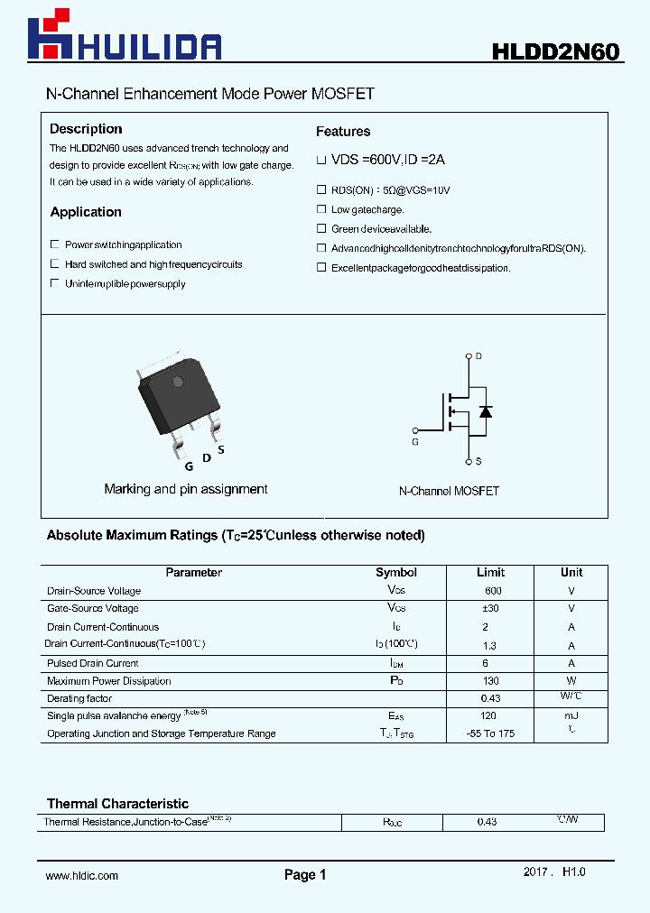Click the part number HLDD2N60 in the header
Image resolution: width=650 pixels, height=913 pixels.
[x=554, y=52]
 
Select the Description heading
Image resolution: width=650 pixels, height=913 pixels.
[x=86, y=129]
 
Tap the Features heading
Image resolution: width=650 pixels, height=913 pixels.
[x=343, y=132]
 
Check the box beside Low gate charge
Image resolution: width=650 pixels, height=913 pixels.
[x=320, y=209]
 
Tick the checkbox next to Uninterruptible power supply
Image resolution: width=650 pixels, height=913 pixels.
[x=55, y=283]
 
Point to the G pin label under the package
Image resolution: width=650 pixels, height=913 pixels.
[x=189, y=466]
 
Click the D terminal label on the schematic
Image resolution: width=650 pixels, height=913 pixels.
[x=478, y=356]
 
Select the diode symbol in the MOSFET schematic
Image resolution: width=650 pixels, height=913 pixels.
[x=486, y=411]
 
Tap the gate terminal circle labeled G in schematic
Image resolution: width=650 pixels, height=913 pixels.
[x=415, y=430]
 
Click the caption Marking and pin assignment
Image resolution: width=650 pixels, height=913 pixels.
[x=186, y=489]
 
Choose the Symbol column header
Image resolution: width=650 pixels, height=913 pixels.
[x=395, y=572]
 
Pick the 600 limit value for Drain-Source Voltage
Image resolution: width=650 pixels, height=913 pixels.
[x=493, y=591]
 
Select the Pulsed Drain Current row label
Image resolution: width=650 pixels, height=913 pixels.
[x=93, y=663]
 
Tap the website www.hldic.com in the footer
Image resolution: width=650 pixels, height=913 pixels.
[x=82, y=875]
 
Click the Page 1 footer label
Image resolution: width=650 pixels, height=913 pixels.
[x=305, y=874]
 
